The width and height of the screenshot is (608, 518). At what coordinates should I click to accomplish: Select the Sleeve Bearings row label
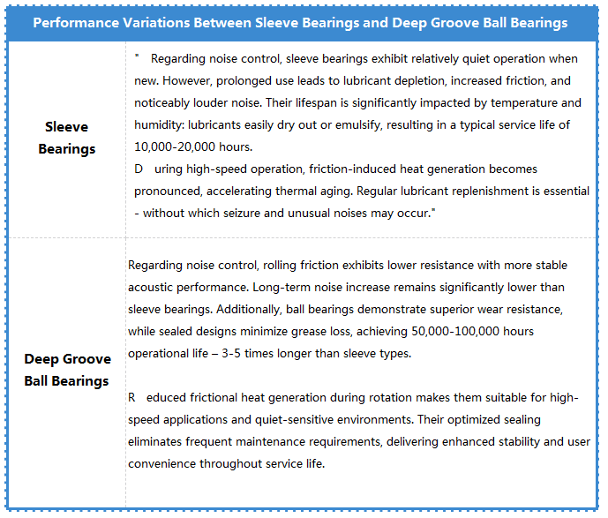[67, 138]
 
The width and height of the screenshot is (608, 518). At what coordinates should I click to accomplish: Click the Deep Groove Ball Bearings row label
[67, 370]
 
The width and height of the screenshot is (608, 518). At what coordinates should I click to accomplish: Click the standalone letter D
[139, 169]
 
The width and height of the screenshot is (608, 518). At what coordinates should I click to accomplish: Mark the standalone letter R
[132, 397]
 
